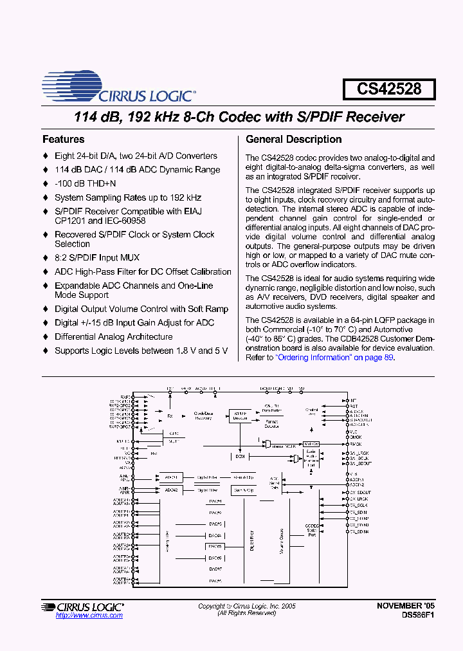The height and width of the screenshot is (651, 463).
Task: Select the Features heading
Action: (63, 140)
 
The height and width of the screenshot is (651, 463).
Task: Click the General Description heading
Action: (294, 140)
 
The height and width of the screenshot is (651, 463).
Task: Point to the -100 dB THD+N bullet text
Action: (86, 184)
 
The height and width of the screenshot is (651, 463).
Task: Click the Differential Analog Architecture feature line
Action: (113, 336)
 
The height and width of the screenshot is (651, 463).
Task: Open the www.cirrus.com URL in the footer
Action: (89, 616)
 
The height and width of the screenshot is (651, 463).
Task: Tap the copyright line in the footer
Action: (247, 606)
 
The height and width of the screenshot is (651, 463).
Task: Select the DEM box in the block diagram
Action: (240, 456)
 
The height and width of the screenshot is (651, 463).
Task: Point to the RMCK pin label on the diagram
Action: (355, 444)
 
